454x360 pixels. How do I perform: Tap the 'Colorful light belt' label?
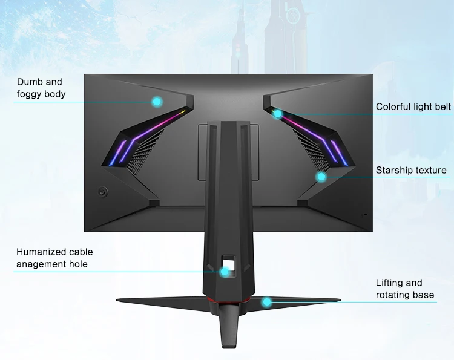click(x=413, y=107)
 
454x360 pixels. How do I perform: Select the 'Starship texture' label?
click(x=411, y=171)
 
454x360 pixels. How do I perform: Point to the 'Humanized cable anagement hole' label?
click(x=54, y=258)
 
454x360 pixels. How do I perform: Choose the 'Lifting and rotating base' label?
click(x=404, y=289)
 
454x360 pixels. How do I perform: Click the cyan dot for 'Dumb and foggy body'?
click(x=157, y=102)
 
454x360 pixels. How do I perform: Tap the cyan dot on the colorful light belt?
click(x=278, y=113)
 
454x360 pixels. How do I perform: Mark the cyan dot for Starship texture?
click(x=321, y=177)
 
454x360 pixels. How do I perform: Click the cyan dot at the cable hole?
click(x=225, y=272)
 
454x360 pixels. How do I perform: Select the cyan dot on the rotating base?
click(x=265, y=301)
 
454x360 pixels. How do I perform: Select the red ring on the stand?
click(x=227, y=301)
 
